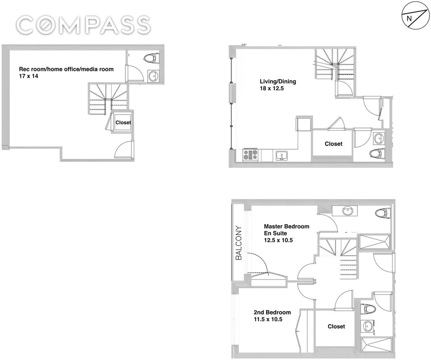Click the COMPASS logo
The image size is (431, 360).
pyautogui.click(x=83, y=25)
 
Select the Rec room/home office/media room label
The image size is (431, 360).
pyautogui.click(x=66, y=69)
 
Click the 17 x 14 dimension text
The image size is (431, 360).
pyautogui.click(x=29, y=76)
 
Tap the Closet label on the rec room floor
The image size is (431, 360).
pyautogui.click(x=123, y=123)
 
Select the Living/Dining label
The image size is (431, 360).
pyautogui.click(x=278, y=82)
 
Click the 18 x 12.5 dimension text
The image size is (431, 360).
pyautogui.click(x=272, y=89)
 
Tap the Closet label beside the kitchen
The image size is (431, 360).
pyautogui.click(x=333, y=144)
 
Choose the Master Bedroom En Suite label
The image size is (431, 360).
pyautogui.click(x=286, y=230)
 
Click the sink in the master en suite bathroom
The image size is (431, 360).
pyautogui.click(x=348, y=211)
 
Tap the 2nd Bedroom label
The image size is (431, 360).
pyautogui.click(x=272, y=312)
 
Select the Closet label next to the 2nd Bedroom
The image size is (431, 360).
pyautogui.click(x=336, y=326)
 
